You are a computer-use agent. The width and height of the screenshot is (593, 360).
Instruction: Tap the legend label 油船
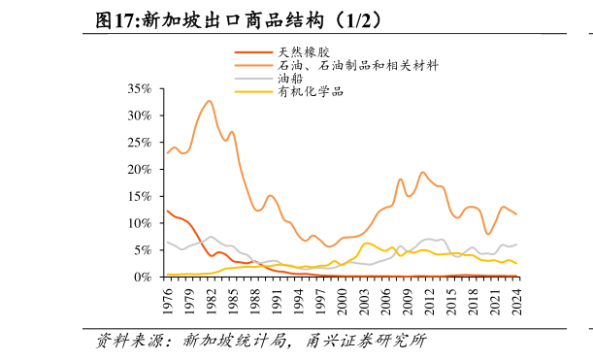290,79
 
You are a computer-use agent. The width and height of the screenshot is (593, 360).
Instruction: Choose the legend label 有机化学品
311,92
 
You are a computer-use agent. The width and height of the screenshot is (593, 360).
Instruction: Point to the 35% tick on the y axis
139,88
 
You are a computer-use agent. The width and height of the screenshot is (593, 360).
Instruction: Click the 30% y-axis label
139,115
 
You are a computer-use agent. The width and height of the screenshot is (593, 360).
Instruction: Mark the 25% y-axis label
139,143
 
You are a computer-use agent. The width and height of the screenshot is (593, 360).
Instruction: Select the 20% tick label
139,169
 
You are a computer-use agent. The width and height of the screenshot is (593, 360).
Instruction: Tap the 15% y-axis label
139,196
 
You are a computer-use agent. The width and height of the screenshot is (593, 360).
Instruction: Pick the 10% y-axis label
139,223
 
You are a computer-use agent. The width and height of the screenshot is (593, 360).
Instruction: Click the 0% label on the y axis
143,277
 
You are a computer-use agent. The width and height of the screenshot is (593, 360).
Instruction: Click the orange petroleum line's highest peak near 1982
210,100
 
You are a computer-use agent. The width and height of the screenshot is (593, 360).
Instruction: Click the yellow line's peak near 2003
367,244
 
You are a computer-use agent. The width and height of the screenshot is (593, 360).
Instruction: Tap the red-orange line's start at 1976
167,211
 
